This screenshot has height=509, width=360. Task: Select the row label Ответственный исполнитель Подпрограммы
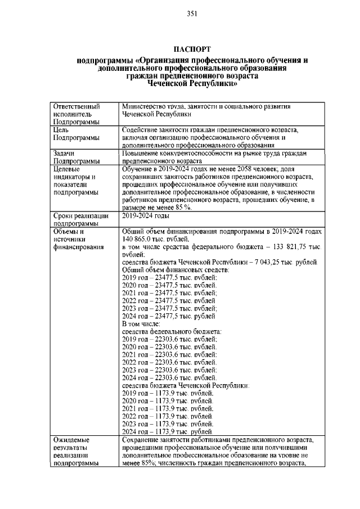tap(76, 114)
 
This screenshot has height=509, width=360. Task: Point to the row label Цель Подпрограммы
tap(76, 133)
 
